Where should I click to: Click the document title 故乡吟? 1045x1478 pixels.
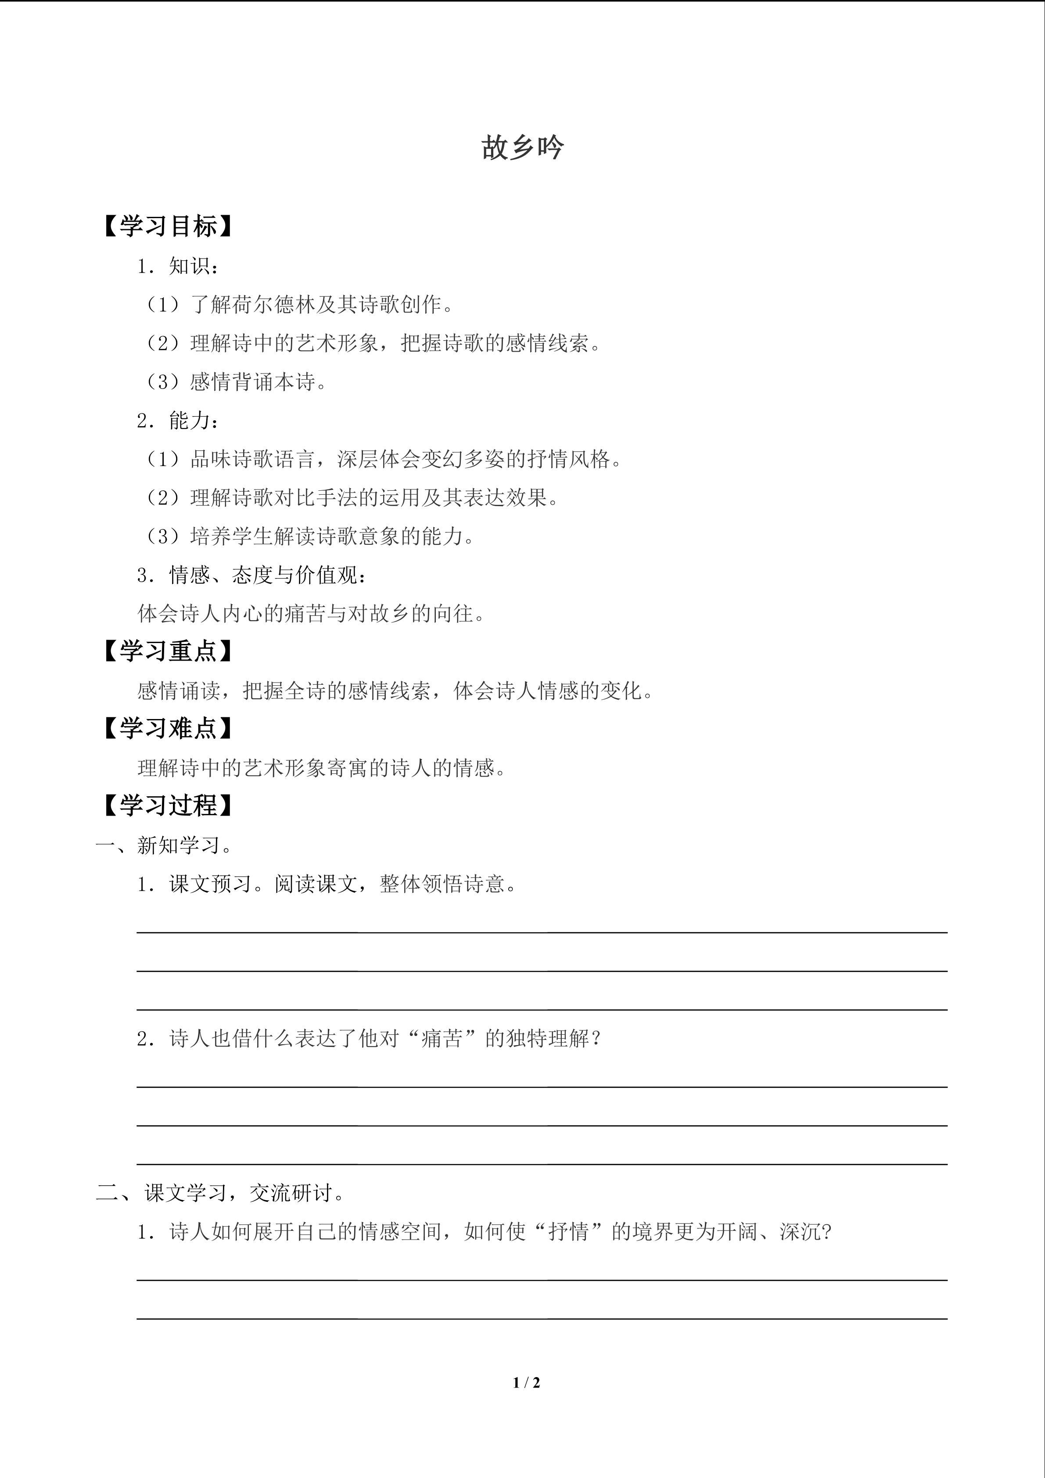522,147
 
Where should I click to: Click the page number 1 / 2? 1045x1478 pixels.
526,1382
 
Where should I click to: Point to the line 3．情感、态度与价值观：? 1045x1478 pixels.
253,575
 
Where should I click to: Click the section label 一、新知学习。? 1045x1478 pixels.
165,845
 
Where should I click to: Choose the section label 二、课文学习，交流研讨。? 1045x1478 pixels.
220,1193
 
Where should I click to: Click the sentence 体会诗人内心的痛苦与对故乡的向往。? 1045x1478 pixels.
312,614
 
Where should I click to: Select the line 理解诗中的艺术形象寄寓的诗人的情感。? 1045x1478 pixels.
322,768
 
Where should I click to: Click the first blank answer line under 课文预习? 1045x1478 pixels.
542,931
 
